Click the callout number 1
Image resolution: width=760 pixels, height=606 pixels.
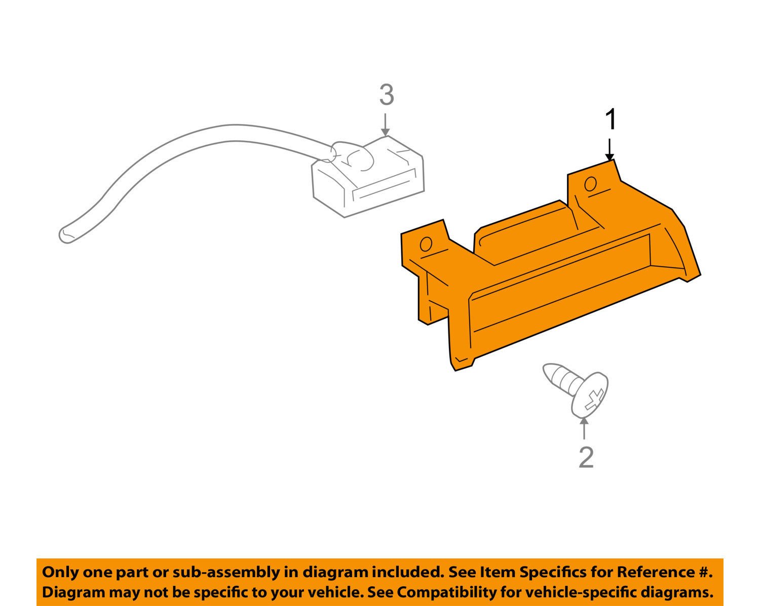611,119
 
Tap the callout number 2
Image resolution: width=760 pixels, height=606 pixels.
586,458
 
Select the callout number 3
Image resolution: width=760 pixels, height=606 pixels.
387,95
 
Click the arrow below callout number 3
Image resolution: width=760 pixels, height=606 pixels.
386,124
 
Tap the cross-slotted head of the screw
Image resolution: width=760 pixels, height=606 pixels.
589,395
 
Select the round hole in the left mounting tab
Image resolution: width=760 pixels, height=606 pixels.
426,244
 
